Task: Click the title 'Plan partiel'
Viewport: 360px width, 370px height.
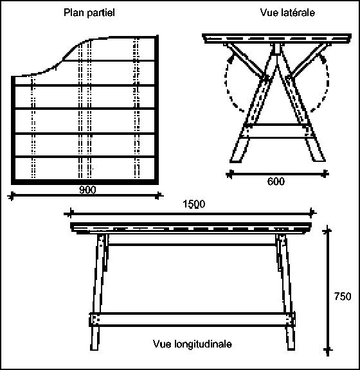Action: [x=89, y=13]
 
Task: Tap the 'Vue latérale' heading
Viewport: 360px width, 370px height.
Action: [x=287, y=12]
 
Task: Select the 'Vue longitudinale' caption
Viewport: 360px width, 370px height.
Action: [x=192, y=344]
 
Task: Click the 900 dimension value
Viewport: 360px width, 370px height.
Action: [x=87, y=190]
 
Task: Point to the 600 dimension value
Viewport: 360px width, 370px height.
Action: [x=276, y=181]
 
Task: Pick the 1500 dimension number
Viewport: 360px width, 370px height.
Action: [x=194, y=204]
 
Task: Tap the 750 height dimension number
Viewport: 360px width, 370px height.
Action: [x=343, y=296]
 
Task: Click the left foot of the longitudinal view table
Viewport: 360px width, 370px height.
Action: [x=94, y=339]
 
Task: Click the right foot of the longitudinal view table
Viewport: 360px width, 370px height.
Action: [x=291, y=339]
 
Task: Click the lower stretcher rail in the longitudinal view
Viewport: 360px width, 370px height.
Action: [x=192, y=319]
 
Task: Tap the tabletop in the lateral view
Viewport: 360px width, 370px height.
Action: [x=276, y=39]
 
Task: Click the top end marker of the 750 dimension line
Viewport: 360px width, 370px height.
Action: [x=327, y=231]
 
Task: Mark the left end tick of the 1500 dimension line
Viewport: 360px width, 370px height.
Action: [x=70, y=213]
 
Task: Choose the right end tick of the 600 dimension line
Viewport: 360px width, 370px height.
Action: [x=325, y=174]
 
